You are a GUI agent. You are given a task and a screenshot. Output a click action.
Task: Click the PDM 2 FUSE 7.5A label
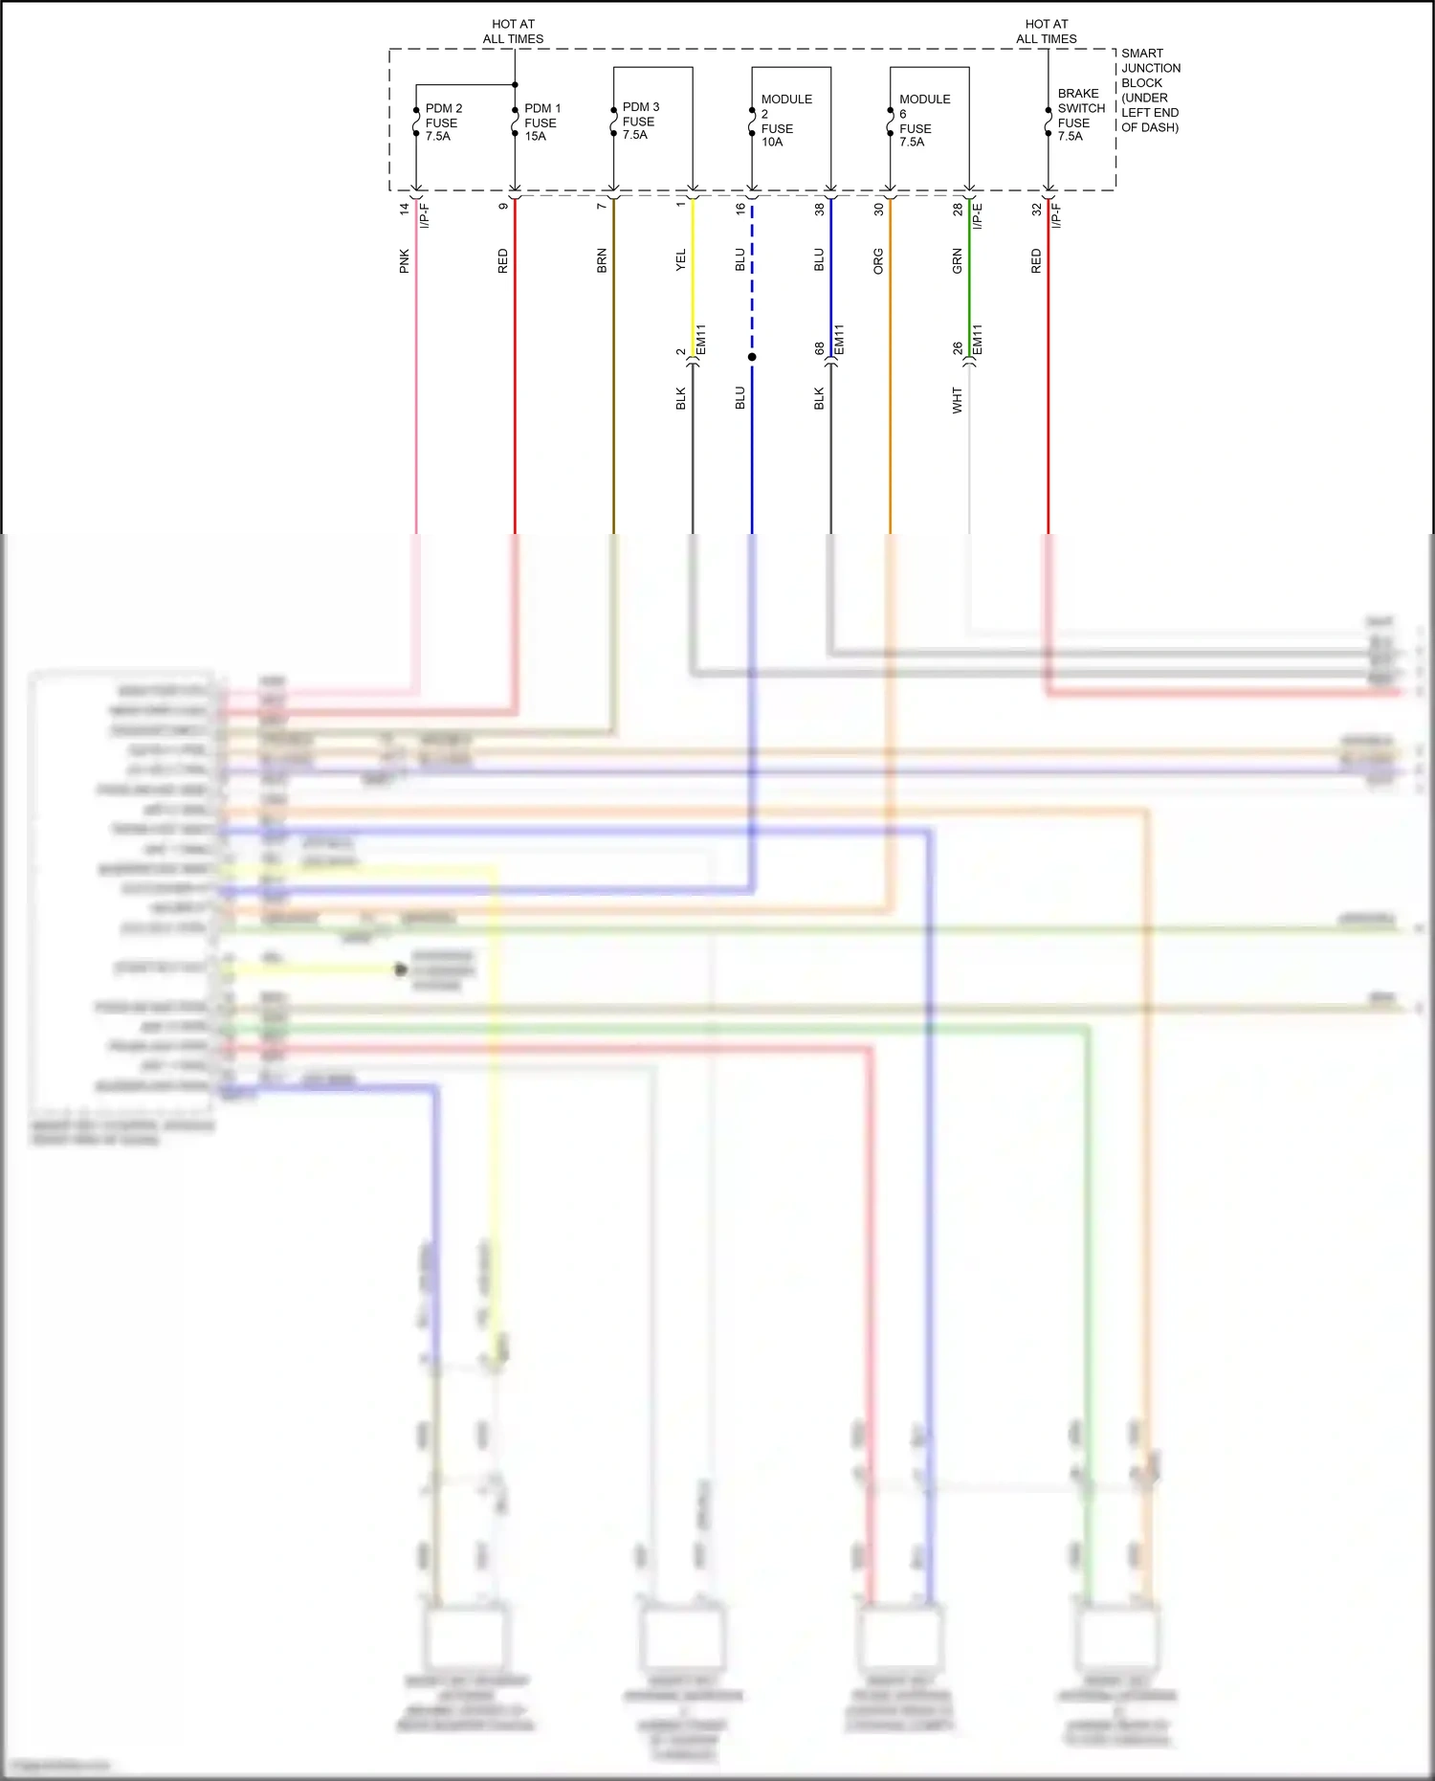pos(443,122)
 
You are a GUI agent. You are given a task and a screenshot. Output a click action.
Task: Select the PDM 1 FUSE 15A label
pos(542,122)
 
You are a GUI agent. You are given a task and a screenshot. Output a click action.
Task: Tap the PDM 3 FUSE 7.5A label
pos(640,121)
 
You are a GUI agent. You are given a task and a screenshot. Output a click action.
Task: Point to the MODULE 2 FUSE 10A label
pos(785,121)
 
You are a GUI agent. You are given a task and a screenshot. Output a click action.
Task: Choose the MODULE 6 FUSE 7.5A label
pos(924,121)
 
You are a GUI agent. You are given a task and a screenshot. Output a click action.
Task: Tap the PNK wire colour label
pos(405,261)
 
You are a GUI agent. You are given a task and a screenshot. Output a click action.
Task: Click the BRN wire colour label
pos(602,261)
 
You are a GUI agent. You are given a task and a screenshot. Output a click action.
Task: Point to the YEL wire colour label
pos(681,260)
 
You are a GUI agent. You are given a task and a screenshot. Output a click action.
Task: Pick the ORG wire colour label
pos(878,261)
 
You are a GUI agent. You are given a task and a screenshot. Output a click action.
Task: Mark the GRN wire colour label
pos(958,261)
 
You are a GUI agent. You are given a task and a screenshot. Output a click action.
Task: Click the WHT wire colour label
pos(958,400)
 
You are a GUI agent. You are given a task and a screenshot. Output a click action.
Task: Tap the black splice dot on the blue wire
pos(752,357)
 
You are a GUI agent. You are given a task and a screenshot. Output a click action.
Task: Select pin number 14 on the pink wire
pos(405,208)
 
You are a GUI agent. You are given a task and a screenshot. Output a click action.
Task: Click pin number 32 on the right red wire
pos(1036,209)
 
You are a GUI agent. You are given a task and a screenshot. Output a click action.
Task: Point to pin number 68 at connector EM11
pos(820,349)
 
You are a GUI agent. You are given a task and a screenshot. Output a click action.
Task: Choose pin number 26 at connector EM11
pos(958,349)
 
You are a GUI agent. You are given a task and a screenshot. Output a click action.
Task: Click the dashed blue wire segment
pos(752,278)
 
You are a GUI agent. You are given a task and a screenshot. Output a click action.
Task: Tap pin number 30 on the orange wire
pos(878,209)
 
